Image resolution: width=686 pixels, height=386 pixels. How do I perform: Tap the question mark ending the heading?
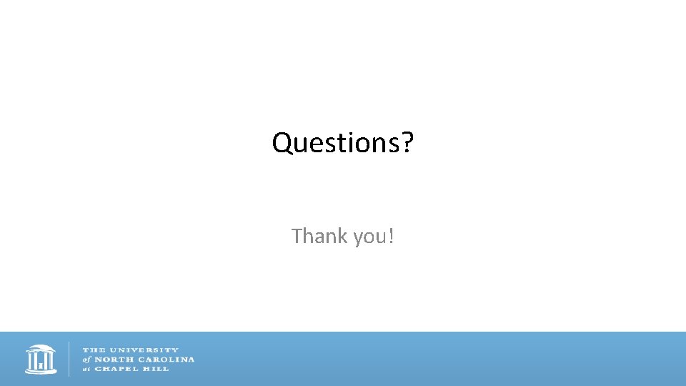(407, 143)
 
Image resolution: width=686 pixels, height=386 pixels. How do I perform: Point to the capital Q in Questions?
(282, 143)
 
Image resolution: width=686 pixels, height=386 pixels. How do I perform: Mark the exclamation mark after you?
(390, 236)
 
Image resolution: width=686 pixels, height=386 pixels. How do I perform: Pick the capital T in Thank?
(297, 236)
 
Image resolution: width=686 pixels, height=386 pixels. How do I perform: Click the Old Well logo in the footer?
(41, 359)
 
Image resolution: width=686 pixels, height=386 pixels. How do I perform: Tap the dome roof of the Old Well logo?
(41, 349)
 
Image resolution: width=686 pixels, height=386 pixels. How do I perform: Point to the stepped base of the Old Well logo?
(41, 372)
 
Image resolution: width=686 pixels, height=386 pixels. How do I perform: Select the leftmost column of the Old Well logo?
(30, 362)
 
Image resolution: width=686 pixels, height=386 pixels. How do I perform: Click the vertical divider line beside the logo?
(69, 359)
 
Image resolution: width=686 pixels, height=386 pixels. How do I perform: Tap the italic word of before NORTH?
(86, 360)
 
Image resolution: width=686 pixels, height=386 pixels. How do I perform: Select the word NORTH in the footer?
(112, 360)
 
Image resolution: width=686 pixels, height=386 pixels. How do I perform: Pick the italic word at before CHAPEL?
(86, 369)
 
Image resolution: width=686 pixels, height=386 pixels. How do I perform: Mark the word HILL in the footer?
(156, 369)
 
